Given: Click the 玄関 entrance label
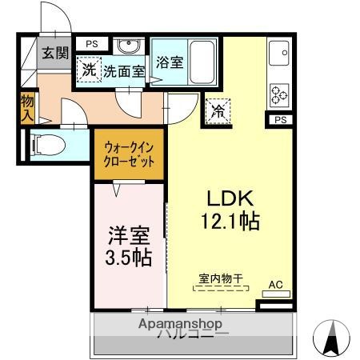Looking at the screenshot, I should pos(56,54).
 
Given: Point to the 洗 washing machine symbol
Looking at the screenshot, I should pos(88,70).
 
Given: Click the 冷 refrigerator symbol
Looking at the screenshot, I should pos(217,113).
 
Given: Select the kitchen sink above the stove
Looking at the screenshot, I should pos(282,54).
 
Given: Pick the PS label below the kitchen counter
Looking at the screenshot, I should pos(280,120).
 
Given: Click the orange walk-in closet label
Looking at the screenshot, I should pos(129,151).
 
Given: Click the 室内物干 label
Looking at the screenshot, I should pos(220,278).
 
